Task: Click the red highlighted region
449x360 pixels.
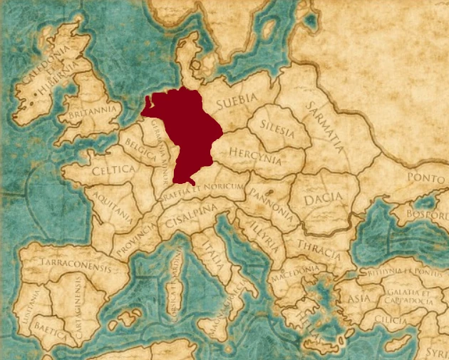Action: [x=187, y=132]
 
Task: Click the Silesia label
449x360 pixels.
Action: [x=277, y=126]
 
